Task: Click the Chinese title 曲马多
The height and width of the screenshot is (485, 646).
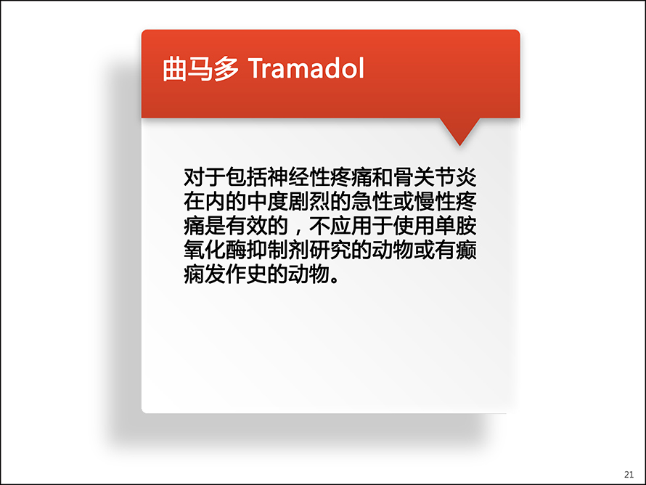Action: (200, 68)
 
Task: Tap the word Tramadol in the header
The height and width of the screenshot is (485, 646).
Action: (306, 68)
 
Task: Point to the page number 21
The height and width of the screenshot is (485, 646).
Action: (629, 474)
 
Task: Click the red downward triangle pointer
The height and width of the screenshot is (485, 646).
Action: (459, 131)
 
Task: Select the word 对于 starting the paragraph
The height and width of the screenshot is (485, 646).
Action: (205, 177)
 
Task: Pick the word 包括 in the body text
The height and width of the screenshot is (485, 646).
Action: (246, 177)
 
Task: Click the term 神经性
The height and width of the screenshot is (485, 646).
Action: (299, 177)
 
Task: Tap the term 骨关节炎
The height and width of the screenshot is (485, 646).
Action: (435, 177)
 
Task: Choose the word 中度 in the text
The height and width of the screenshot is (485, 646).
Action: (267, 202)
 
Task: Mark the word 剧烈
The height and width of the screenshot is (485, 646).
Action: (309, 202)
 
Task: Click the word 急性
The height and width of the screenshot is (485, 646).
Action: (372, 202)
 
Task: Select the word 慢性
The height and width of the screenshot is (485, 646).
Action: (435, 202)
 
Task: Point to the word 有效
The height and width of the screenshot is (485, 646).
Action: (246, 226)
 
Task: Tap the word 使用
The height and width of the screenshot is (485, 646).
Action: (414, 226)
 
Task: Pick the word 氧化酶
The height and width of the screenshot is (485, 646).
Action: (215, 250)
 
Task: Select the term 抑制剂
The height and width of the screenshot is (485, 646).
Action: (278, 250)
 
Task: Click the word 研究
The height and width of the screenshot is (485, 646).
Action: (330, 250)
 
